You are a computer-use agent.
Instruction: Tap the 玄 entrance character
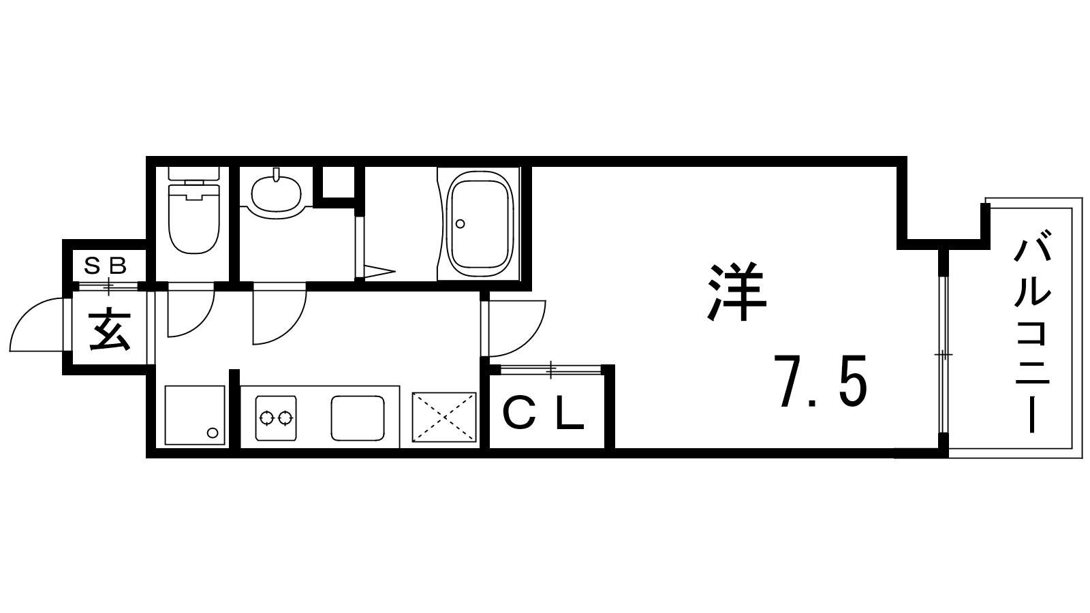tap(110, 329)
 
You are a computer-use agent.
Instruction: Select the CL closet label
tap(542, 413)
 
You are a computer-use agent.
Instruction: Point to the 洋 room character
tap(736, 292)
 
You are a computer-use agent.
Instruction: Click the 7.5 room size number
tap(820, 381)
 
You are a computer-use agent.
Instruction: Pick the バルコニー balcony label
tap(1033, 332)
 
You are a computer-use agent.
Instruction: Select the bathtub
tap(480, 224)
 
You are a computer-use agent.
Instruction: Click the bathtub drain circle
tap(460, 224)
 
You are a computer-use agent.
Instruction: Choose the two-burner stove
tap(276, 418)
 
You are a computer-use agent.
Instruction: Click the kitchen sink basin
tap(358, 418)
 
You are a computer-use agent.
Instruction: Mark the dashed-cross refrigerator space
tap(443, 417)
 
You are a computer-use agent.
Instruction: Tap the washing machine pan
tap(195, 415)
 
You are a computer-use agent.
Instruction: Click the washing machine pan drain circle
tap(212, 433)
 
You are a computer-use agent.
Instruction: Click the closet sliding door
tap(550, 370)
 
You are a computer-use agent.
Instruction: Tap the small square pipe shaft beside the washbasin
tap(339, 183)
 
